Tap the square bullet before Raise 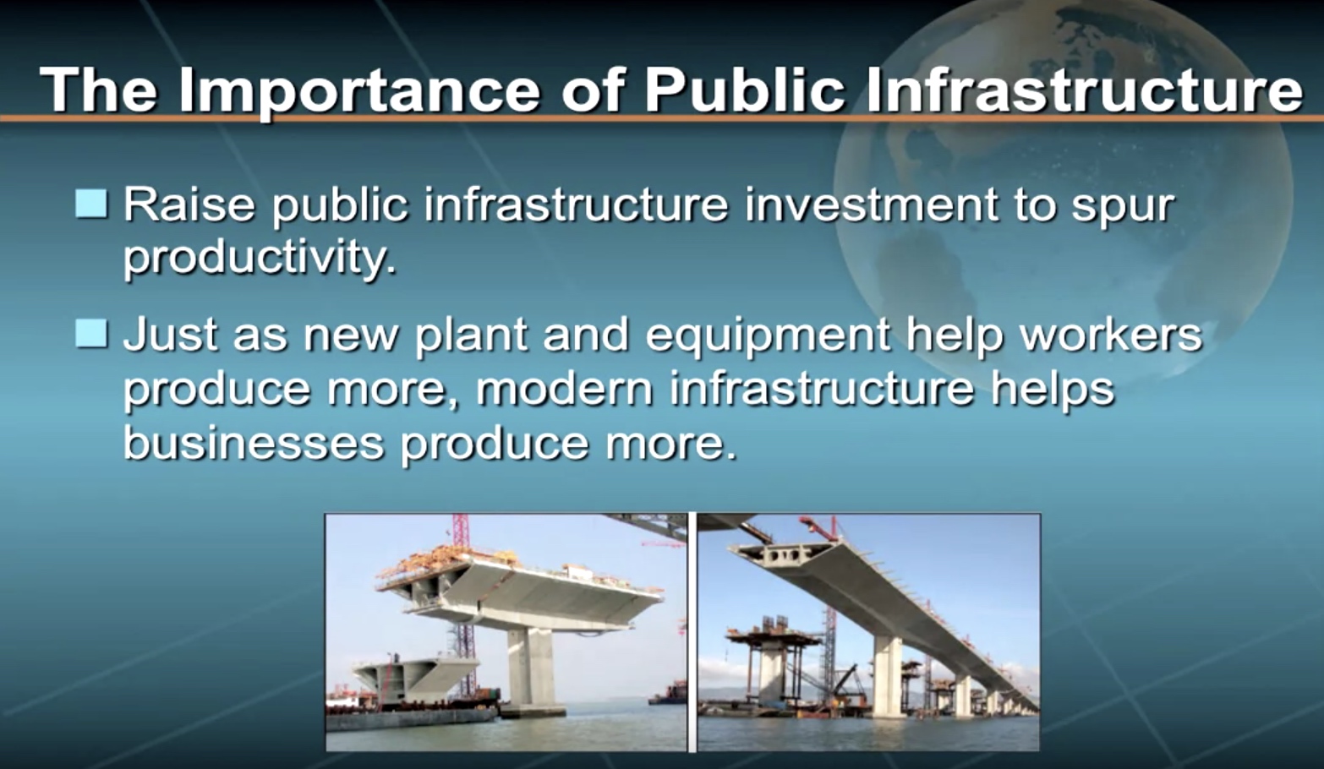91,204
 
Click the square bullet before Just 91,334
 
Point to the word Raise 189,205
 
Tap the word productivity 260,259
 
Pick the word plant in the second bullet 471,335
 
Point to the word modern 564,389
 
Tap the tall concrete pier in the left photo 530,669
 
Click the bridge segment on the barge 416,679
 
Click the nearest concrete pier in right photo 887,676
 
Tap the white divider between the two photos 692,633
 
